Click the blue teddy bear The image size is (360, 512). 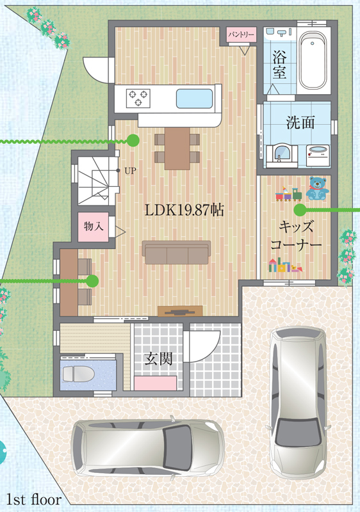[318, 188]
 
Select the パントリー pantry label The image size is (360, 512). [241, 35]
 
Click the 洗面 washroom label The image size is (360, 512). [300, 122]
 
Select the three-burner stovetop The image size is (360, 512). [138, 98]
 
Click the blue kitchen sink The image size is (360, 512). [194, 99]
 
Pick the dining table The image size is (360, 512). [177, 148]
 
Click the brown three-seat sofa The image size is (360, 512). [176, 252]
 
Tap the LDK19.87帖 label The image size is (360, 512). [184, 210]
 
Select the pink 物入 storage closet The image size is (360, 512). [93, 227]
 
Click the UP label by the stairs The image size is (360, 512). [130, 171]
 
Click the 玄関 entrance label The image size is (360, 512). [158, 358]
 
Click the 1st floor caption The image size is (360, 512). [34, 500]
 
